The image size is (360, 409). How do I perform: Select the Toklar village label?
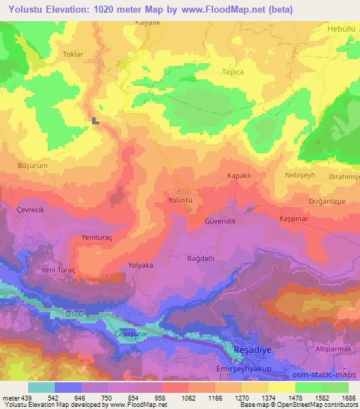coord(73,53)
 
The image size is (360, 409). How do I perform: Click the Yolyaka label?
coord(141,265)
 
